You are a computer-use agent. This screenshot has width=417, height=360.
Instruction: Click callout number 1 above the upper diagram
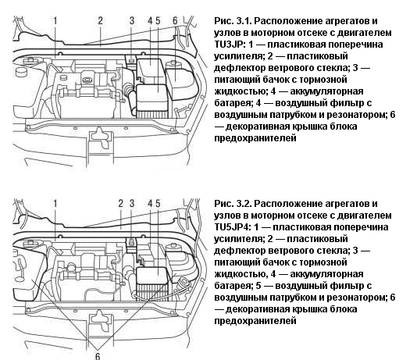[x=55, y=21]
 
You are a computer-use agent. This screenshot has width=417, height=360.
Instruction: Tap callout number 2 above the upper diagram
[x=100, y=21]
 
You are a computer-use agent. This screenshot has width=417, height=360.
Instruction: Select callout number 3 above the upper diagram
[x=132, y=21]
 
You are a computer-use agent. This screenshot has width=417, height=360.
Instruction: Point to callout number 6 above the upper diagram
[x=175, y=21]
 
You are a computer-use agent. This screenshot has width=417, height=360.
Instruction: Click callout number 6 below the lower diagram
[x=98, y=356]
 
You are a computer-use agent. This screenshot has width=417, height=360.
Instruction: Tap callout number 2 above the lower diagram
[x=121, y=204]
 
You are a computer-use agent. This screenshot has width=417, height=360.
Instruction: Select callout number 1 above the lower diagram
[x=55, y=204]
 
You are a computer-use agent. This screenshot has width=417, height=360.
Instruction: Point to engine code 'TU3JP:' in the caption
[x=230, y=45]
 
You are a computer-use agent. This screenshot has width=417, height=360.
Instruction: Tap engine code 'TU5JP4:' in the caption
[x=233, y=227]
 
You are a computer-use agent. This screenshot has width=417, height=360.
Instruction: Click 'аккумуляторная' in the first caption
[x=326, y=91]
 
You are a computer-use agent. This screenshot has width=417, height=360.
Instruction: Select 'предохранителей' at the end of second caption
[x=255, y=321]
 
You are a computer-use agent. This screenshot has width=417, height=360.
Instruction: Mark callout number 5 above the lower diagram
[x=158, y=204]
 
